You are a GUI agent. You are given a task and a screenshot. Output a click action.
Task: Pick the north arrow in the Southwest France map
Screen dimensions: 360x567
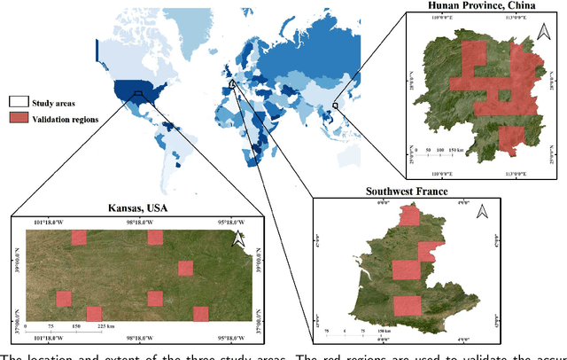(484, 212)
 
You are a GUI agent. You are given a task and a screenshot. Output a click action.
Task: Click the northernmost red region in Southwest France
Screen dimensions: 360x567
(409, 216)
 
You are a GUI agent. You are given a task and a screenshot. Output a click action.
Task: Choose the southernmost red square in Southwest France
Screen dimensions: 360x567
(407, 305)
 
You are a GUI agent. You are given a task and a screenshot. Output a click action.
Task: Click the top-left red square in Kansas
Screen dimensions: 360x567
(79, 237)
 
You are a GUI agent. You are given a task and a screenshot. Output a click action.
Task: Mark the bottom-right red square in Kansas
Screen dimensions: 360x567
(201, 313)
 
